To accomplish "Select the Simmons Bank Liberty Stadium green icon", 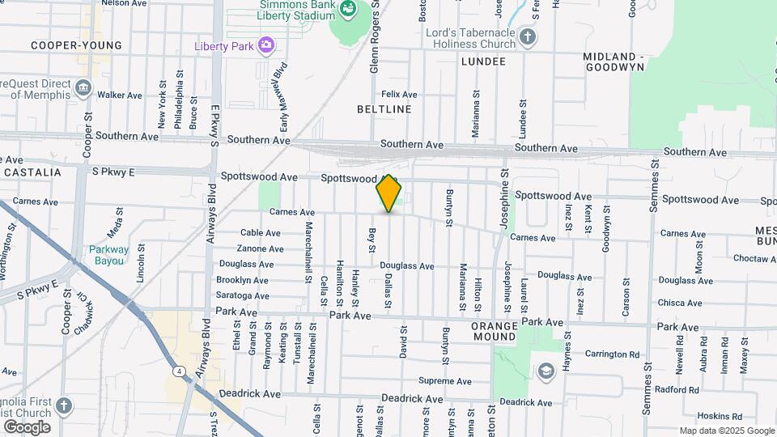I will (349, 9).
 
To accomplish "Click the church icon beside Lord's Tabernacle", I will (528, 36).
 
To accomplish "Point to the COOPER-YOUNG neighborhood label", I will (76, 45).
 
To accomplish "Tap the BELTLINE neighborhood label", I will (384, 108).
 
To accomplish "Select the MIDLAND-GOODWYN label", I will (614, 62).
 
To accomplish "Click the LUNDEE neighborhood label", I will (483, 62).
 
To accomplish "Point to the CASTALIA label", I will (32, 172).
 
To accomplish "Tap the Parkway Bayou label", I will (108, 255).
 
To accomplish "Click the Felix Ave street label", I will (399, 95).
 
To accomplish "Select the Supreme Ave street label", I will (444, 381).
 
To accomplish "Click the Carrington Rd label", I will (612, 354).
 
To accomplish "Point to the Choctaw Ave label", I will (754, 259).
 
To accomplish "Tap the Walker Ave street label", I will (119, 95).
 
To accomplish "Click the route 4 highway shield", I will (176, 371).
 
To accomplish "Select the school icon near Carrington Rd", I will (546, 371).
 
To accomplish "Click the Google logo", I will (27, 427).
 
